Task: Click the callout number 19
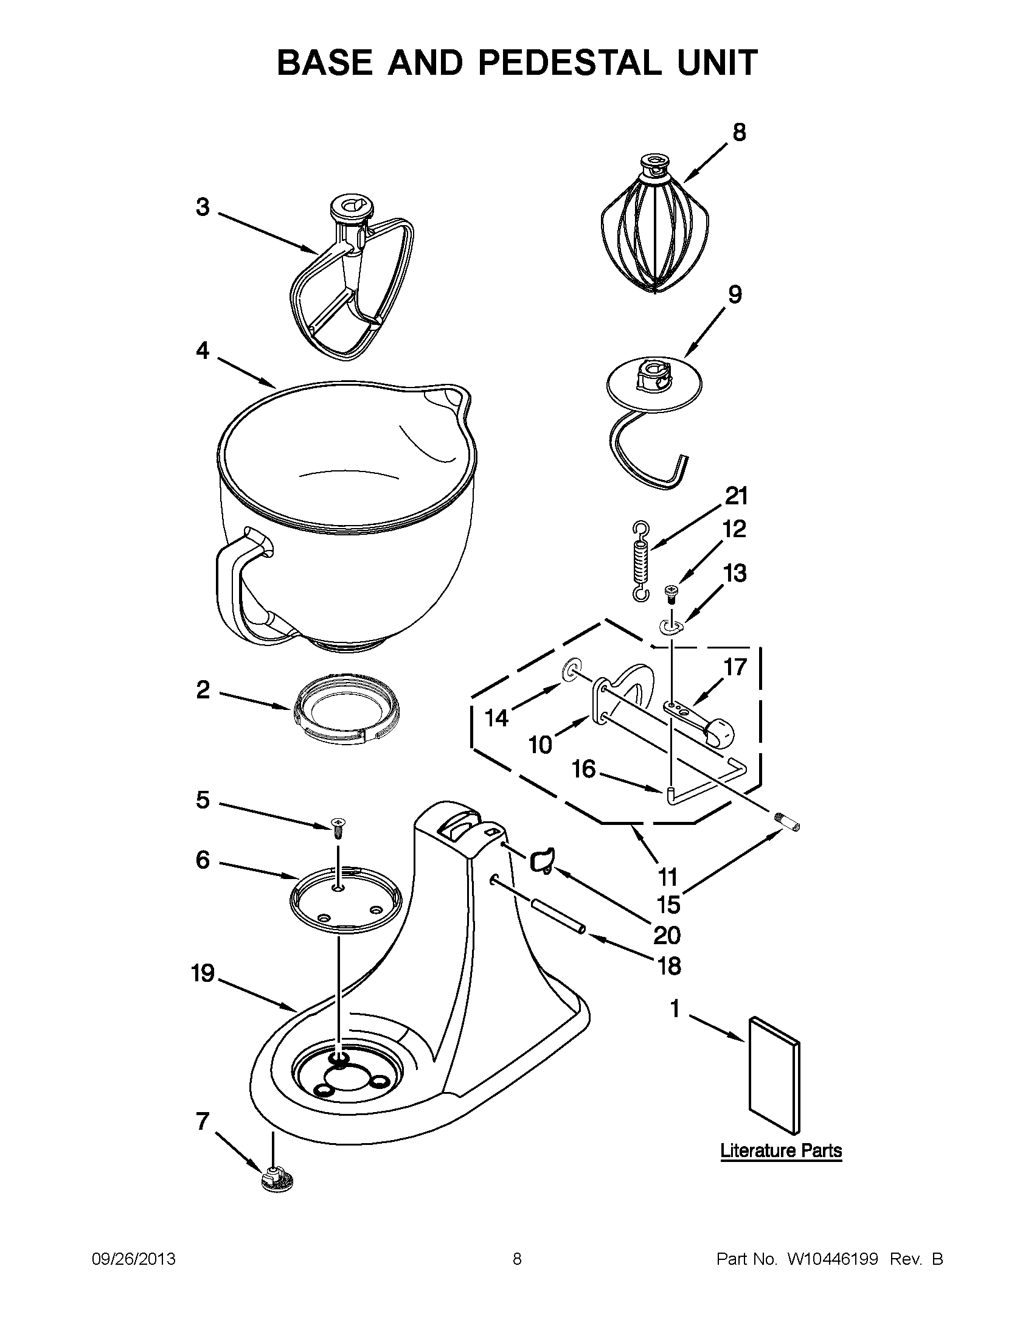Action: tap(203, 973)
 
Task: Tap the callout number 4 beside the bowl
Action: tap(203, 350)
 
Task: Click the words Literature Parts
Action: tap(781, 1151)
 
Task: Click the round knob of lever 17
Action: tap(720, 732)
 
